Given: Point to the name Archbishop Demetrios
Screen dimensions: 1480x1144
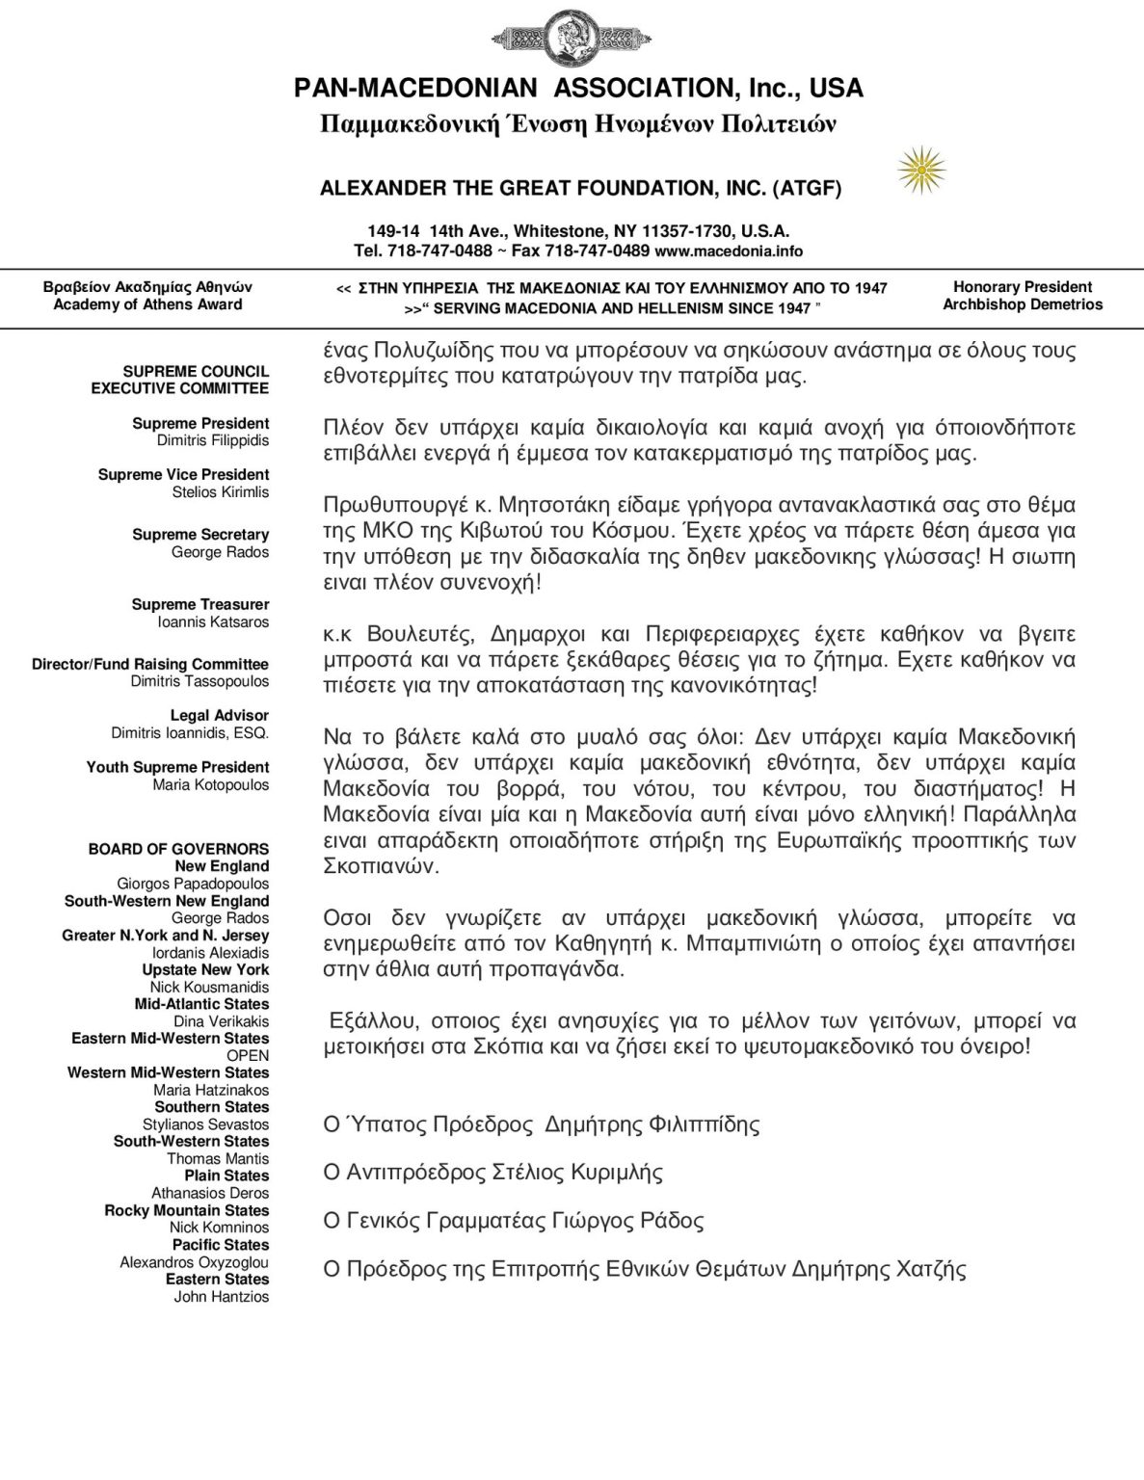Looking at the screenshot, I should click(1023, 304).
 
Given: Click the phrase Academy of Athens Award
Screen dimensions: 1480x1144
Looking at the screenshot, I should click(147, 304).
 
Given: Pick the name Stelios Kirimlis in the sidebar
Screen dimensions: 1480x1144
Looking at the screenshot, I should click(220, 492).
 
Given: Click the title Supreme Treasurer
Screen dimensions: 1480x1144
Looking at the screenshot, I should click(200, 604).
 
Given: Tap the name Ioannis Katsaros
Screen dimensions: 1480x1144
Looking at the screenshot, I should click(213, 621).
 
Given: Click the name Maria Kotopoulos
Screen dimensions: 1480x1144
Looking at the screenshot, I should click(211, 784).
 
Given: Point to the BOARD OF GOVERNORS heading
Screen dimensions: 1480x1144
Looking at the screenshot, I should click(178, 849).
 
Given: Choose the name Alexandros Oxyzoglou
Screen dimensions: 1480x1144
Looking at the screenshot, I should click(195, 1262).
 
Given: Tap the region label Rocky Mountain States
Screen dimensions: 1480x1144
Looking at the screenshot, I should click(187, 1210).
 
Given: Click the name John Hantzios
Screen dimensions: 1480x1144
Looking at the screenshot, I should click(222, 1297).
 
